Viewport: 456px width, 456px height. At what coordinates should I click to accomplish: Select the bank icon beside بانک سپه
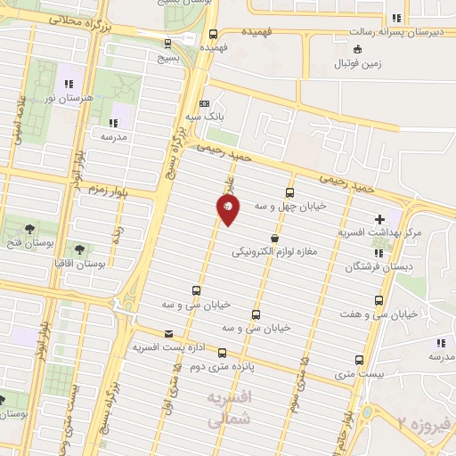[x=205, y=103]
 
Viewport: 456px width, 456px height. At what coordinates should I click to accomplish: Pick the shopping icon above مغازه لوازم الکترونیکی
[x=274, y=239]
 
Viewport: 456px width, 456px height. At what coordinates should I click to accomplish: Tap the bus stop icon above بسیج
[x=167, y=42]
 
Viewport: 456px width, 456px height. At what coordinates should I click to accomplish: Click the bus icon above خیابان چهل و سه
[x=289, y=192]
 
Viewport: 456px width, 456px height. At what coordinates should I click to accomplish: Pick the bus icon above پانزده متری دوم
[x=223, y=353]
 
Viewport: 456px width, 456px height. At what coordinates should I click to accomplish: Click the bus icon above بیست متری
[x=359, y=361]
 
